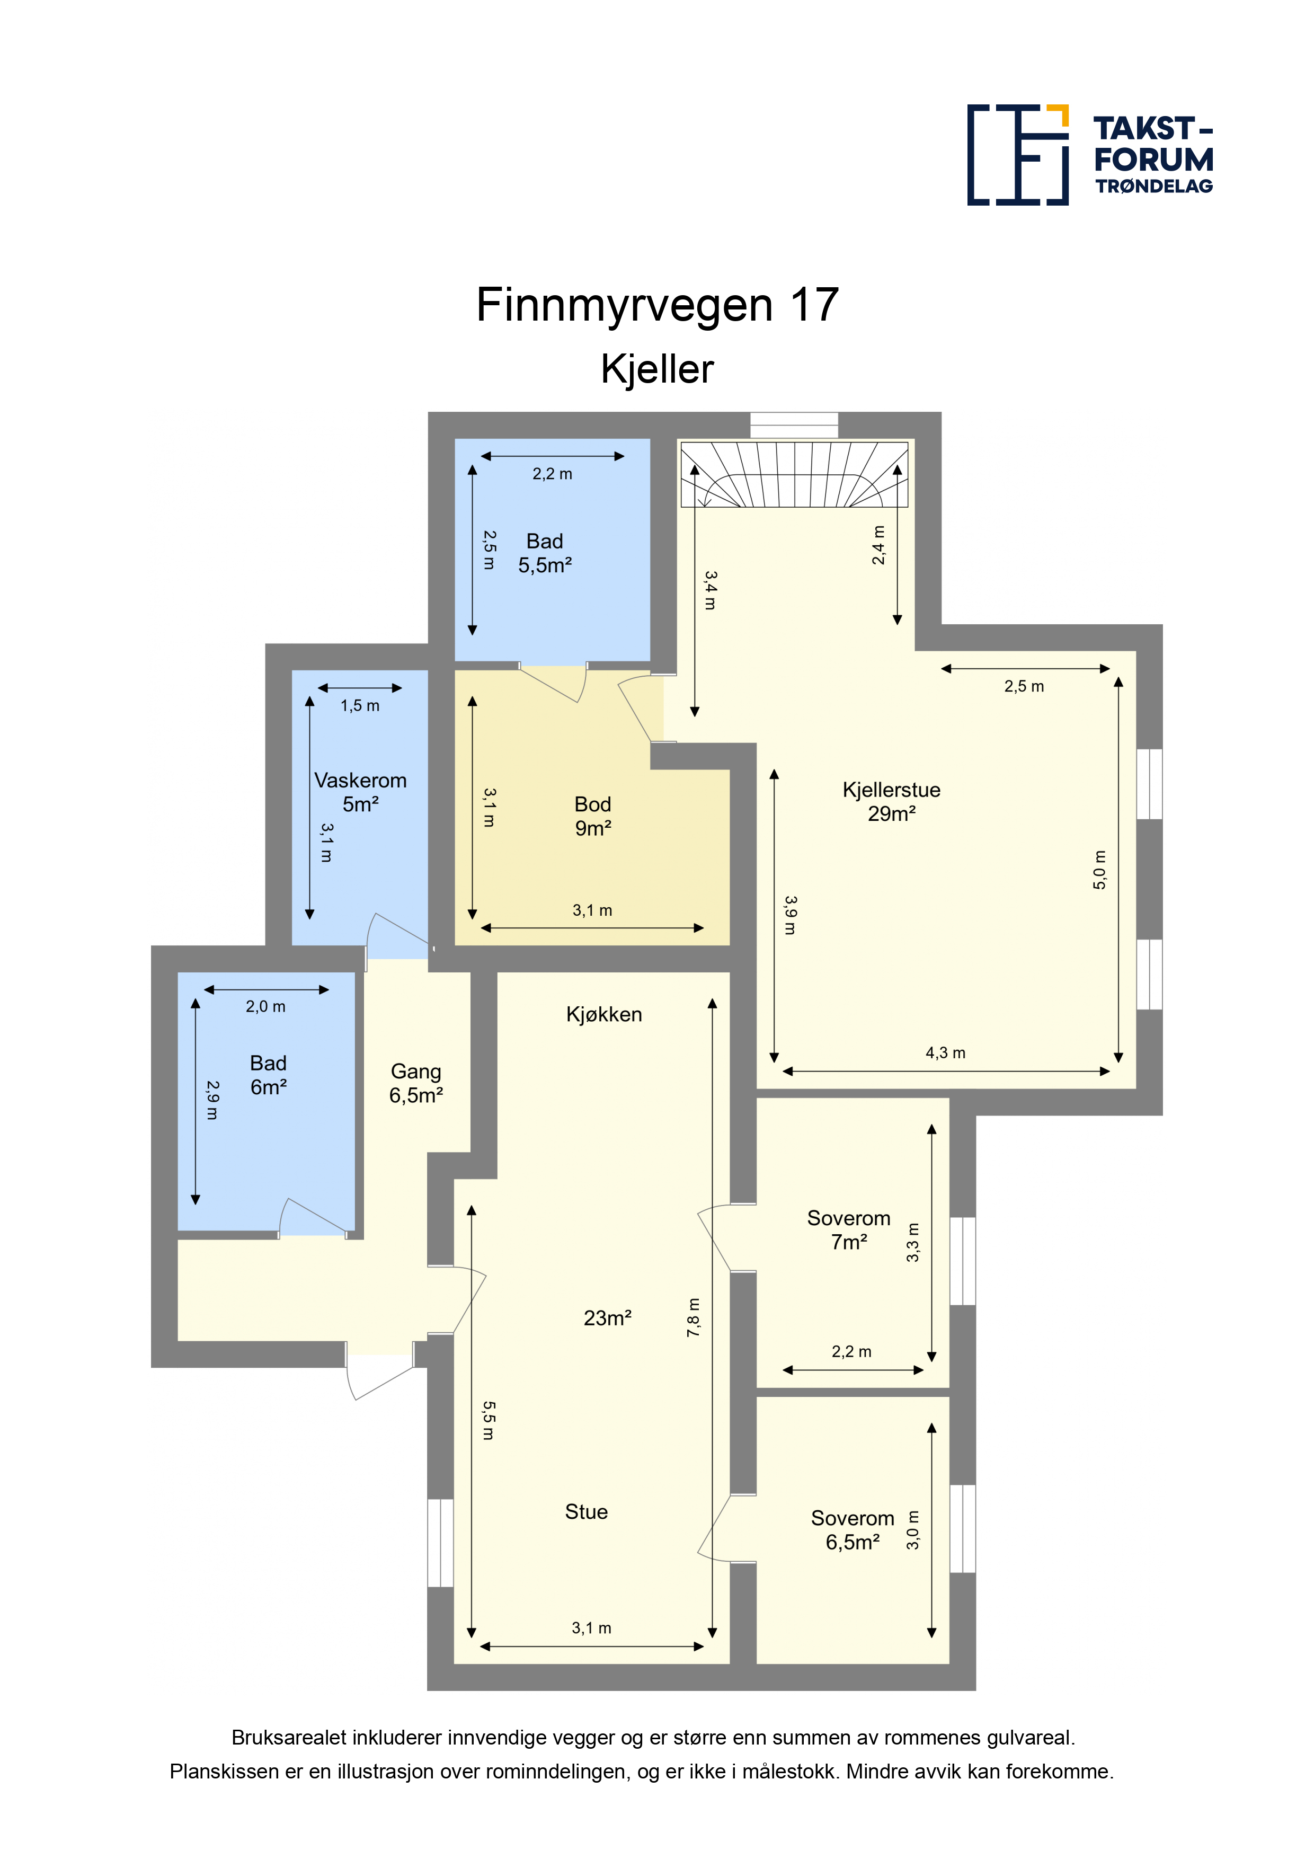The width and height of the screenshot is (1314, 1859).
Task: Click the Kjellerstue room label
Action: (891, 802)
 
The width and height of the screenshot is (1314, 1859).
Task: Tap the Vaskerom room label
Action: (360, 792)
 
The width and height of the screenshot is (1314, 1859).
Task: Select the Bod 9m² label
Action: (593, 816)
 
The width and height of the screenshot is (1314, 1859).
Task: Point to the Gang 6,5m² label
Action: (416, 1083)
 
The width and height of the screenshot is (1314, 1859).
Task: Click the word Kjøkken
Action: (604, 1014)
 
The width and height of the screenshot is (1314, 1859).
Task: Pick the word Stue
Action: (586, 1512)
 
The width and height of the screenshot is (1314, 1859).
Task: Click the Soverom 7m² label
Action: (848, 1230)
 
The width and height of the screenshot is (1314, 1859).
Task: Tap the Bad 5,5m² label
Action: (545, 553)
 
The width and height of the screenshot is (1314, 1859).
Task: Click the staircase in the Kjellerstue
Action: (794, 474)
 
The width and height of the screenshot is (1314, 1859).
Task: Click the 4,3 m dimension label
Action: (946, 1052)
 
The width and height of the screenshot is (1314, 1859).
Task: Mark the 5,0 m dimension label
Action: (1099, 870)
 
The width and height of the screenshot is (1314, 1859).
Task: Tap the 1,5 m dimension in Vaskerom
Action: (359, 705)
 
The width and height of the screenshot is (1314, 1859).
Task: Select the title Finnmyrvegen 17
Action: (658, 305)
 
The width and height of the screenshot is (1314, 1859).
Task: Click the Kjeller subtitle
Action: (658, 370)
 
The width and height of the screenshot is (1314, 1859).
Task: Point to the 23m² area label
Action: (607, 1318)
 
